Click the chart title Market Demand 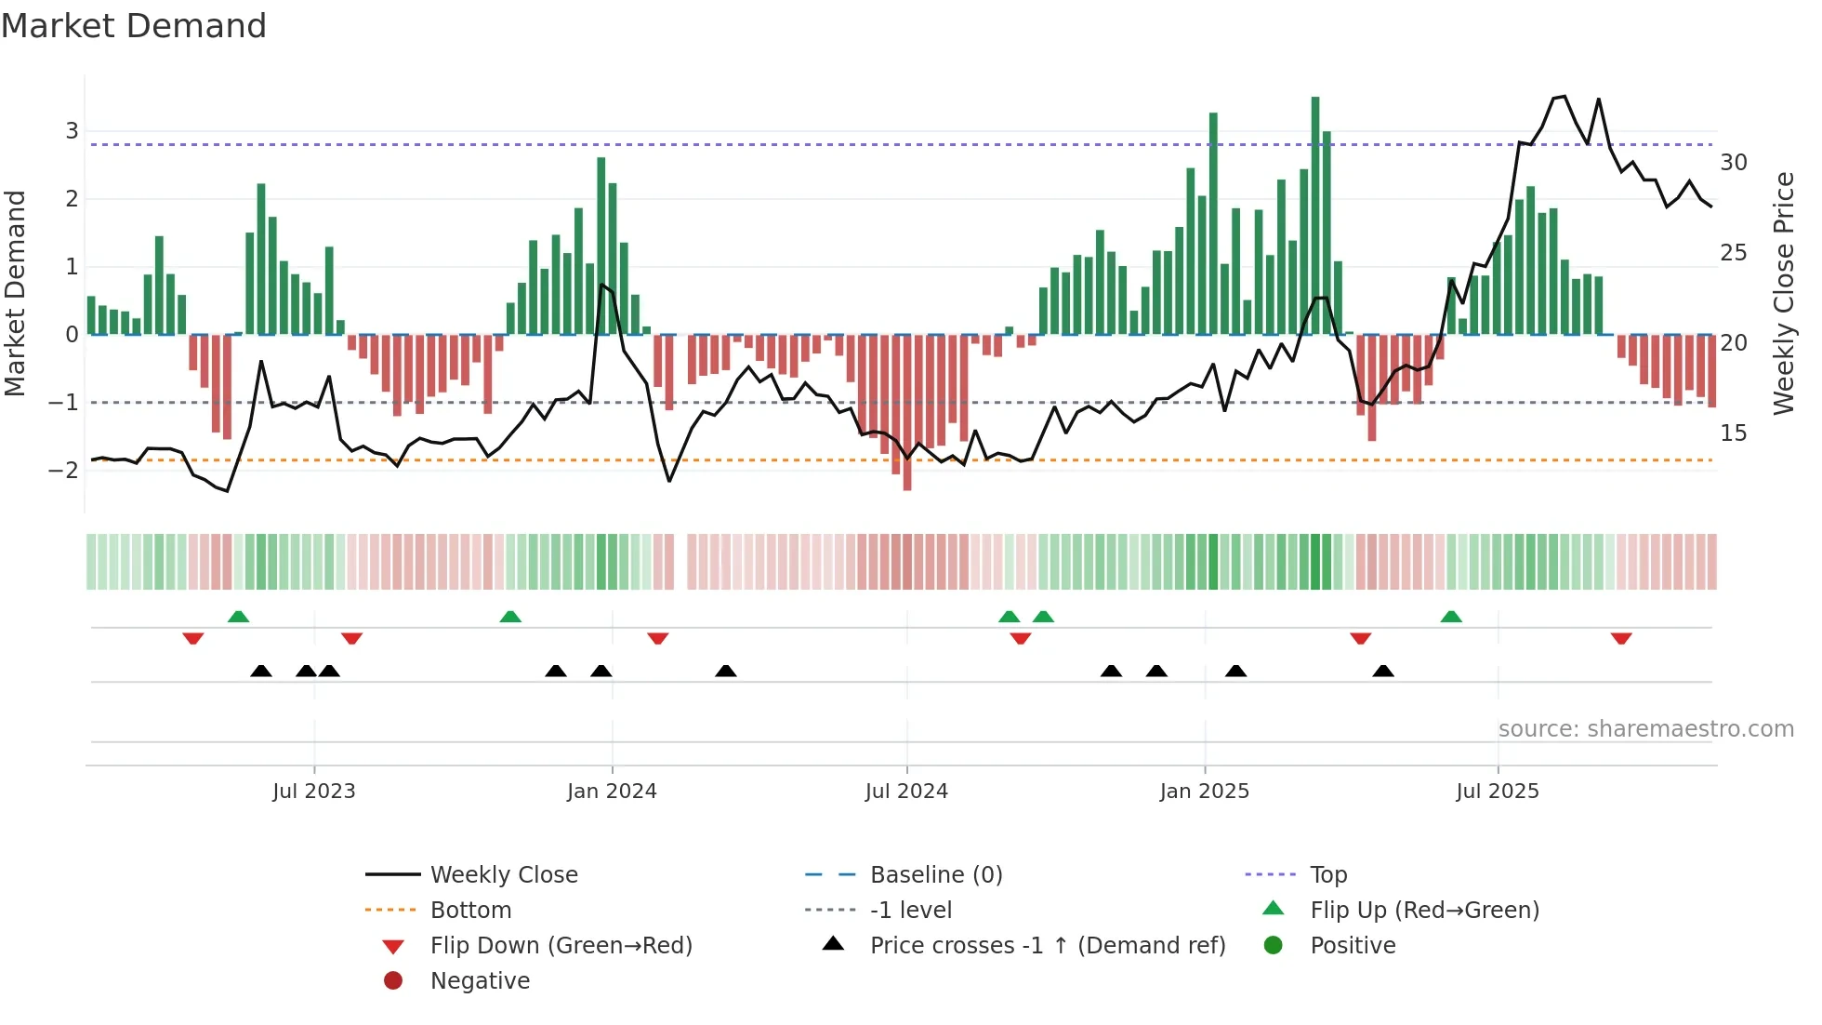(x=134, y=26)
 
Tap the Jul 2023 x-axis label (x=313, y=792)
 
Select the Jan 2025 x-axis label (x=1204, y=792)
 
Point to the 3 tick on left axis (x=72, y=130)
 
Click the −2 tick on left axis (x=64, y=470)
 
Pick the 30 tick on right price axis (x=1733, y=163)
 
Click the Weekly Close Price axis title (x=1783, y=293)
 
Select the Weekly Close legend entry (x=503, y=875)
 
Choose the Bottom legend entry (x=470, y=911)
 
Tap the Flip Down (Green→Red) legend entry (x=561, y=946)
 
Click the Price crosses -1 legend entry (x=1047, y=946)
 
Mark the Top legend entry (x=1328, y=875)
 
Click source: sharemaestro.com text (x=1645, y=729)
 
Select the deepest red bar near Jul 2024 (x=907, y=414)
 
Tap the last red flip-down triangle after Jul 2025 (x=1621, y=638)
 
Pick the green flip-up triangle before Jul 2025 (x=1451, y=617)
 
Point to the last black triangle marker (x=1383, y=671)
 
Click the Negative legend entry (x=479, y=981)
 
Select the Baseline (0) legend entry (x=935, y=875)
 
